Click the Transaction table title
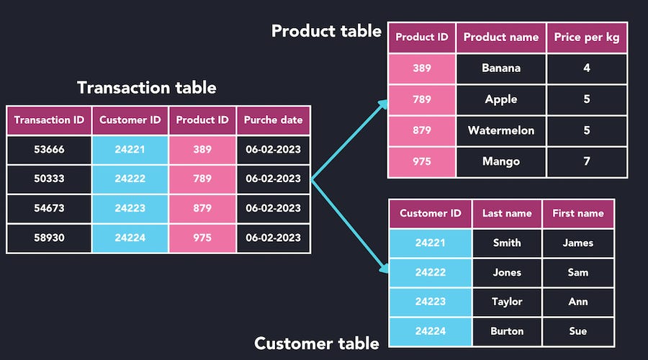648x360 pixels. coord(146,88)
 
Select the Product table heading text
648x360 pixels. coord(326,31)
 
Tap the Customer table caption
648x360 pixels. coord(317,343)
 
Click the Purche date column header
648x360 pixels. coord(273,120)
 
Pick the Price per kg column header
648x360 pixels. coord(586,37)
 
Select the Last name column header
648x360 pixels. coord(507,213)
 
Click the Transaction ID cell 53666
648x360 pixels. coord(49,149)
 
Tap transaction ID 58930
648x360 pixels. coord(49,238)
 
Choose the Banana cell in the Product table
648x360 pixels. coord(501,68)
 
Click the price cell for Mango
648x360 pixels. coord(586,161)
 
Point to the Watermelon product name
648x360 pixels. coord(501,130)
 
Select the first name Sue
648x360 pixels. coord(577,331)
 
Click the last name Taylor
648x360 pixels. coord(507,302)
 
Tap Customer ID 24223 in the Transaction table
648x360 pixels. coord(130,208)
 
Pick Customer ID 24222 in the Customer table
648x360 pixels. coord(431,272)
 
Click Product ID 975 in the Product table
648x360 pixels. coord(422,161)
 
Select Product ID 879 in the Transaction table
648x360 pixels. coord(202,208)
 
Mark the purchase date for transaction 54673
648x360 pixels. coord(273,208)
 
